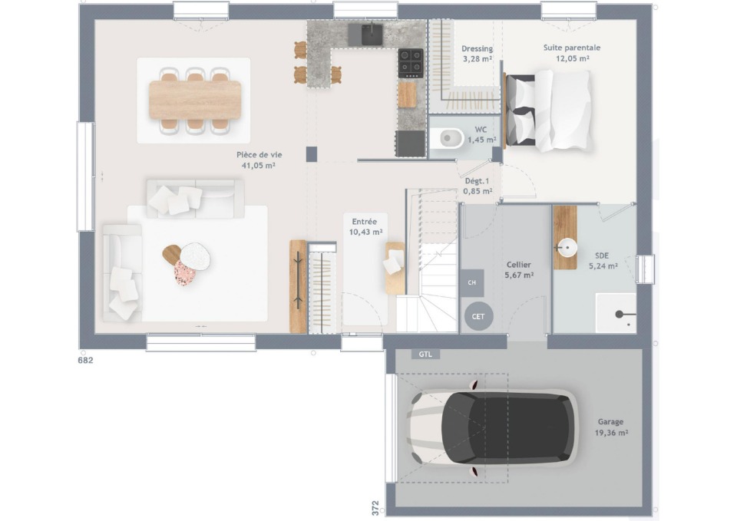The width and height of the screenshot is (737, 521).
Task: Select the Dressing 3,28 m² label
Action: (x=477, y=54)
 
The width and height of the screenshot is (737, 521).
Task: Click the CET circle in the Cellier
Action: (x=478, y=316)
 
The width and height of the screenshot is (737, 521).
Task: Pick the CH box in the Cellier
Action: (x=472, y=283)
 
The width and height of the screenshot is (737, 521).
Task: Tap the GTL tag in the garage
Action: (x=425, y=354)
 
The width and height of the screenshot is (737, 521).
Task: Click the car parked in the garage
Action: (x=492, y=427)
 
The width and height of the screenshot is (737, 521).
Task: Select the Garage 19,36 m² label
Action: (x=611, y=427)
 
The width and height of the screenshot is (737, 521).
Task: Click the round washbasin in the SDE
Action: (x=567, y=247)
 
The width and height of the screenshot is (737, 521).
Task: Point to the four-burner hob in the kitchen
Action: (x=410, y=63)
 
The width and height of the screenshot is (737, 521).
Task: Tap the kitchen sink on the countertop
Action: (x=372, y=35)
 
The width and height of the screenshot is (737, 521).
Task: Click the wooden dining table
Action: (x=195, y=100)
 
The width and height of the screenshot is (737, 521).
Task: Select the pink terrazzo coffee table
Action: (x=185, y=273)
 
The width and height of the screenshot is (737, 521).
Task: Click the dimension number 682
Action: (x=85, y=361)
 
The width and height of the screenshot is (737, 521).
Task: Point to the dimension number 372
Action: (x=375, y=508)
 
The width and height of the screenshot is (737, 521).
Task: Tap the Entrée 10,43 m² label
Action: (x=365, y=227)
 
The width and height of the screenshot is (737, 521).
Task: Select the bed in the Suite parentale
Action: (x=547, y=110)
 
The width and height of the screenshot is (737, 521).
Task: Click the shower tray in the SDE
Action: (x=616, y=313)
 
